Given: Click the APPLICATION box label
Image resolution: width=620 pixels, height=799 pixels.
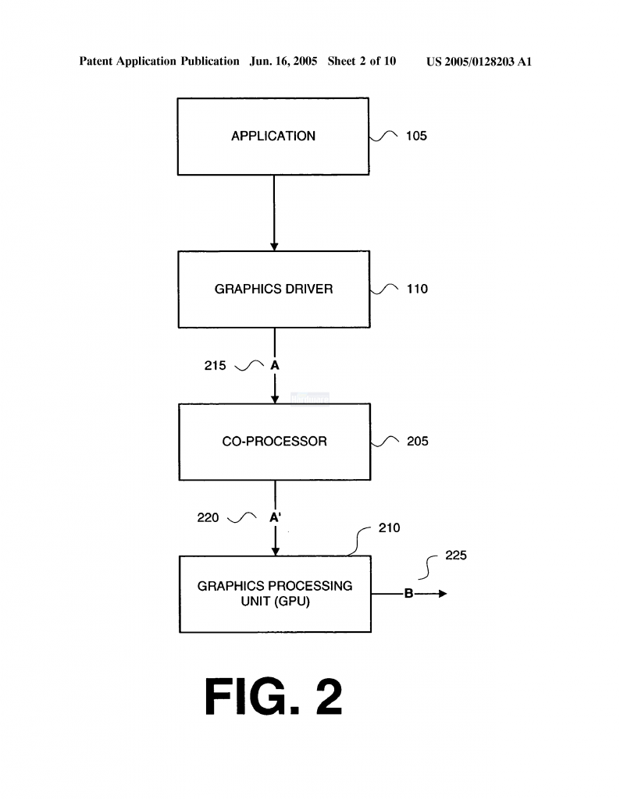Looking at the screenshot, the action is pyautogui.click(x=273, y=136).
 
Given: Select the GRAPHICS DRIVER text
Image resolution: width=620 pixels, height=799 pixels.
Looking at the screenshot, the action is pyautogui.click(x=274, y=289).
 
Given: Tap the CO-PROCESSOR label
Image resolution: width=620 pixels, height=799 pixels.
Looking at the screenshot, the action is pyautogui.click(x=274, y=442).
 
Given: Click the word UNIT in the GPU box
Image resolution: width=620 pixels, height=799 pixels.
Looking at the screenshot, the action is pyautogui.click(x=255, y=602).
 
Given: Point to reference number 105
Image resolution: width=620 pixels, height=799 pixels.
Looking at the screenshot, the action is pyautogui.click(x=416, y=136).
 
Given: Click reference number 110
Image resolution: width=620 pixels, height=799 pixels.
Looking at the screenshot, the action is pyautogui.click(x=417, y=289).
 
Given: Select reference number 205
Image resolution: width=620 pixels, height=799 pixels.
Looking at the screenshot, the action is pyautogui.click(x=418, y=442).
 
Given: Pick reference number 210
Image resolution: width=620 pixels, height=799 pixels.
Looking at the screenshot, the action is pyautogui.click(x=389, y=528).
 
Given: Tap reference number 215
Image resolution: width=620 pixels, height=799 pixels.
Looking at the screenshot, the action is pyautogui.click(x=216, y=365).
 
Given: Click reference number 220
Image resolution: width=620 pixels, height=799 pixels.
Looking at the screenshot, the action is pyautogui.click(x=208, y=518).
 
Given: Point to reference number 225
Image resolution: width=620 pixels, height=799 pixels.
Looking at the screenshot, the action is pyautogui.click(x=456, y=556).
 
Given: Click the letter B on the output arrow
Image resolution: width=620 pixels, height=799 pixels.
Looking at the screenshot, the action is pyautogui.click(x=408, y=593).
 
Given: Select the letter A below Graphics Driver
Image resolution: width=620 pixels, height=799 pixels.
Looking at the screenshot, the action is pyautogui.click(x=275, y=365).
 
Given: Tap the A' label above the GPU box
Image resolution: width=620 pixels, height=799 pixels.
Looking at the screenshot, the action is pyautogui.click(x=276, y=517).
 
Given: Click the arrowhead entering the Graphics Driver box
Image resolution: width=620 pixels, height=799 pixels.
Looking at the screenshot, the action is pyautogui.click(x=274, y=247).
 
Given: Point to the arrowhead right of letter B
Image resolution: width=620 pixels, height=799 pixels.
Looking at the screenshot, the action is pyautogui.click(x=443, y=594).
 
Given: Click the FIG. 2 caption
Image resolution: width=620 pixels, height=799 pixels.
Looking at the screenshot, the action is pyautogui.click(x=273, y=697).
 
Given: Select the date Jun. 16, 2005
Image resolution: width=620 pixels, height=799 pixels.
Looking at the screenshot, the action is pyautogui.click(x=283, y=62).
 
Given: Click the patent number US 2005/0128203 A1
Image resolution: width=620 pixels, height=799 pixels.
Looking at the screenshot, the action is pyautogui.click(x=479, y=62).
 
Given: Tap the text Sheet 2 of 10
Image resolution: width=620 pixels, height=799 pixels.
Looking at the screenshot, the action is pyautogui.click(x=362, y=61).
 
